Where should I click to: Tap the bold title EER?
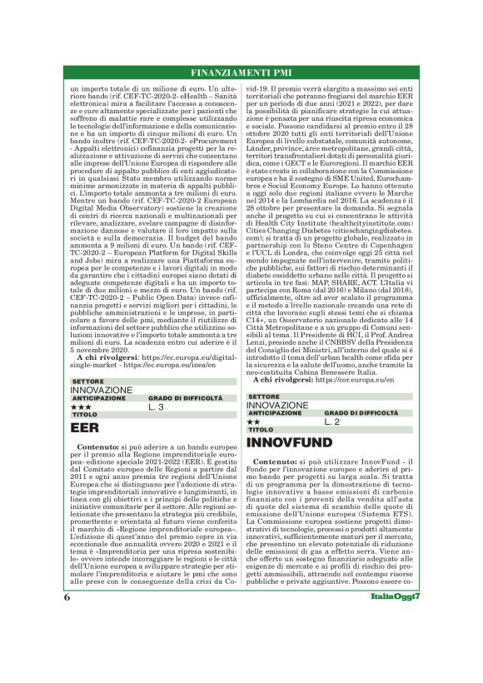point(87,427)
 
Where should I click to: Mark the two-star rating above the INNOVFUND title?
point(255,422)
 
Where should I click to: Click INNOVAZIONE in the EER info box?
point(102,390)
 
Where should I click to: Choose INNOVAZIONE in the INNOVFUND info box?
point(279,405)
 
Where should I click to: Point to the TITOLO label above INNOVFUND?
point(261,430)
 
